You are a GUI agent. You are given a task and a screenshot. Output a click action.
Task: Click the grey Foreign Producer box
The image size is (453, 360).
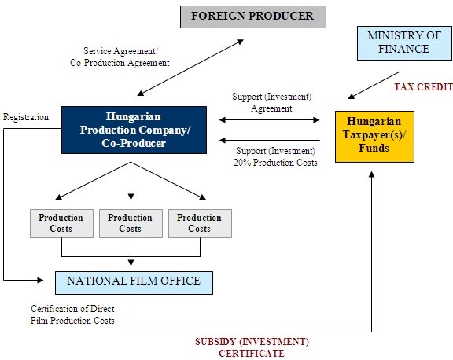point(253,17)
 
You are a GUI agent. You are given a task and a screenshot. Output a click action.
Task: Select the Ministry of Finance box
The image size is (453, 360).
point(404,43)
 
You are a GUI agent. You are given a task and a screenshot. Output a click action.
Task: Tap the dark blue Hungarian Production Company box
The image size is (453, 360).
point(134,130)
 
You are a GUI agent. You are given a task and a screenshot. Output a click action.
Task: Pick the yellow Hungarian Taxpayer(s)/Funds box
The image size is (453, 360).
point(374,137)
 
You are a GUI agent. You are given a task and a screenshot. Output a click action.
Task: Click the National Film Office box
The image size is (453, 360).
point(134,283)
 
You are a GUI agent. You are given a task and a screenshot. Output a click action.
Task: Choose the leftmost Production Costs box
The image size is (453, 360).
point(61,223)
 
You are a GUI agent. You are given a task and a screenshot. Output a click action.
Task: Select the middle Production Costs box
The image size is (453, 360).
point(131,223)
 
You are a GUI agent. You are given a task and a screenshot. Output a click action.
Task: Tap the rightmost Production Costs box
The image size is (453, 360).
point(200,223)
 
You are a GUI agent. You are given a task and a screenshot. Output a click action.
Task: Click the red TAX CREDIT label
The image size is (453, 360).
point(424,87)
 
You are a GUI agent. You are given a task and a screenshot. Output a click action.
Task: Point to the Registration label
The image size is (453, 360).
point(26,117)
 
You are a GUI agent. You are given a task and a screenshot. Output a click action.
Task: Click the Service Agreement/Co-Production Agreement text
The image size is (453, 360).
point(120,57)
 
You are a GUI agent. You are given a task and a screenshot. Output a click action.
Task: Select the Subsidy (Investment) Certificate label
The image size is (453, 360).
point(252,347)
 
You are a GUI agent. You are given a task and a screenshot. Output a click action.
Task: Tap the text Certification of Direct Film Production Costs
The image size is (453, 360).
point(72,314)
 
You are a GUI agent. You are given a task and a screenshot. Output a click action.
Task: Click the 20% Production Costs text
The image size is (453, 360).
point(275,163)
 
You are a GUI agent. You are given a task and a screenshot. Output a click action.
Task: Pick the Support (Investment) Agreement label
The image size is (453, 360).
point(272,102)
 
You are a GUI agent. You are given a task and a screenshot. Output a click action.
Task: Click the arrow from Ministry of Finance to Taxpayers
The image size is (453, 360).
point(374,85)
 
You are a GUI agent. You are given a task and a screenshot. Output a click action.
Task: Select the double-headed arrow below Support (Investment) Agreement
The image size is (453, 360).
point(269,119)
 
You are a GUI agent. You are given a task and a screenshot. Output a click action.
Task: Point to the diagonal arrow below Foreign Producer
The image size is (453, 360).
point(190,68)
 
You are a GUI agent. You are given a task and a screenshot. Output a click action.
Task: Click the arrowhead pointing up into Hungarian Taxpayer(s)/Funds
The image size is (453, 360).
point(372,174)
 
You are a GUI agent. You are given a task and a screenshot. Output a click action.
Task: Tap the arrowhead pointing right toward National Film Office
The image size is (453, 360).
point(40,280)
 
